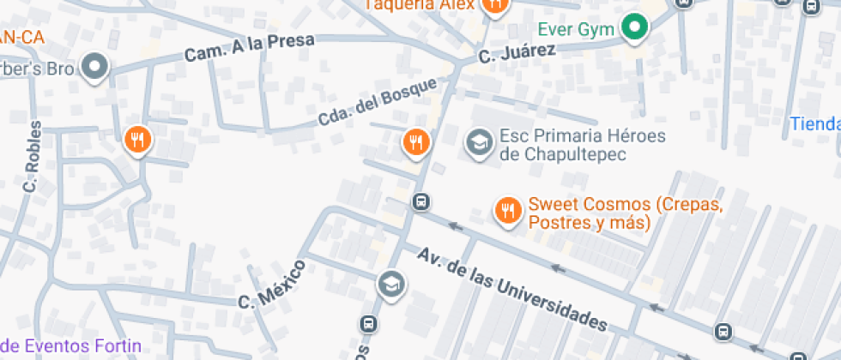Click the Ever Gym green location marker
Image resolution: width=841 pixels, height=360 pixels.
pos(635,28)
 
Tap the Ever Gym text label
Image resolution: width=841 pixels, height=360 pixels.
pos(576,29)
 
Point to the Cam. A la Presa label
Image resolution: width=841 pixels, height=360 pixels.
pos(250,48)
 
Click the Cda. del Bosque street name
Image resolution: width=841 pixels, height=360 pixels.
pos(377,101)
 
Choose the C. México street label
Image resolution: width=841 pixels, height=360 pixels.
pos(271,283)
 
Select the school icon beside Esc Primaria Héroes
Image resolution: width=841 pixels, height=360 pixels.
pos(478,142)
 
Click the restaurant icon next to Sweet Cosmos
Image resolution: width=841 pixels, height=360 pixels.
pos(508,210)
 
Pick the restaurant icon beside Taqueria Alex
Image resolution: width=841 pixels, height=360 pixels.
pos(494,5)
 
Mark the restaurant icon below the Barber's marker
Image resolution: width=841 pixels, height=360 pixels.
pos(137,139)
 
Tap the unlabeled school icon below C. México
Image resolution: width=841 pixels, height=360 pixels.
pos(390,284)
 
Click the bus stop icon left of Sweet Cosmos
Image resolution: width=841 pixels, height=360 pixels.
pos(420,202)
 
